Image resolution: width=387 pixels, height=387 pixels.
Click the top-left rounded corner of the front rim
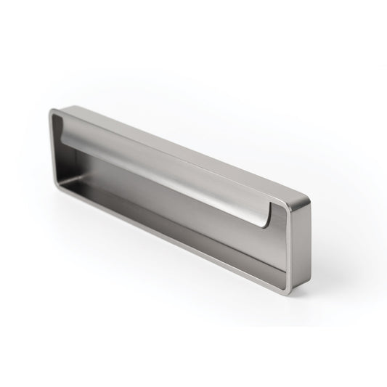click(53, 112)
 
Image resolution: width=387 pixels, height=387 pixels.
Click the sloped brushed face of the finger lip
click(174, 174)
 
